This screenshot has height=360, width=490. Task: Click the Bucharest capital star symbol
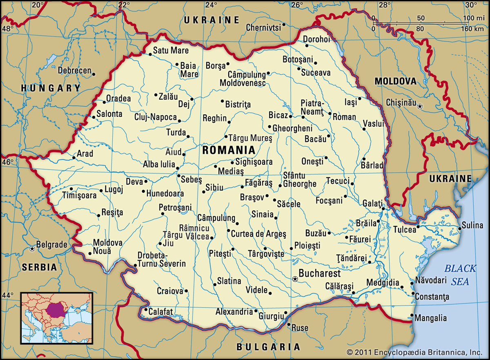(295, 279)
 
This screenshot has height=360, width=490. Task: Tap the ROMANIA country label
(229, 150)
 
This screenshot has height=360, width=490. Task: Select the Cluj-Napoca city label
(156, 117)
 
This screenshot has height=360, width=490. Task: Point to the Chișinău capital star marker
(420, 106)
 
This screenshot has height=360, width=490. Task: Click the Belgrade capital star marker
(32, 248)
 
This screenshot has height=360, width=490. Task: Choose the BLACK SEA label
(460, 275)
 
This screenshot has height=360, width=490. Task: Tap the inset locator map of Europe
(57, 318)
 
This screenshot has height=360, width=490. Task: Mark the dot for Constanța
(412, 294)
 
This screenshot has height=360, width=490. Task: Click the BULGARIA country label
(268, 347)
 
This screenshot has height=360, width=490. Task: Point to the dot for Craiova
(186, 291)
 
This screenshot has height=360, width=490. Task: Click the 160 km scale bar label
(470, 29)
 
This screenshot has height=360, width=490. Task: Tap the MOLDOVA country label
(396, 81)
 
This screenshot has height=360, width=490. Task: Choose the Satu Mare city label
(171, 51)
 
